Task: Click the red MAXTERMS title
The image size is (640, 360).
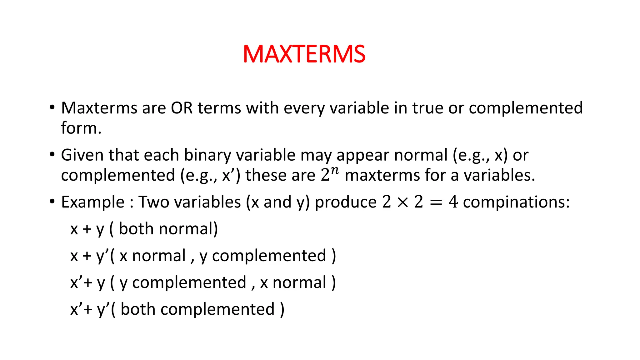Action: [304, 54]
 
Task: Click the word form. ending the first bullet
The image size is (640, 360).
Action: [81, 128]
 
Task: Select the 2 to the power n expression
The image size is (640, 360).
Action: [329, 174]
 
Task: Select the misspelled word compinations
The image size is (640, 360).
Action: [516, 202]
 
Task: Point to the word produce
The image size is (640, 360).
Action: [345, 202]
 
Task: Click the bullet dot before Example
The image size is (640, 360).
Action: [52, 201]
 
